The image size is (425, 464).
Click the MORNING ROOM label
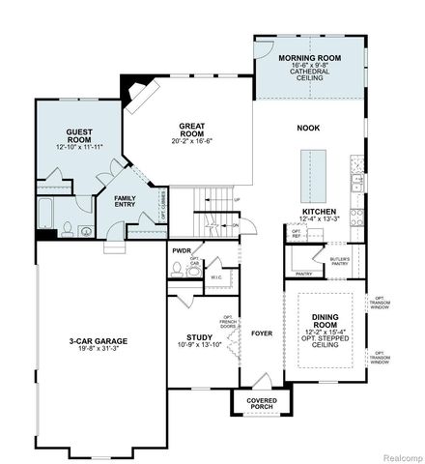click(305, 59)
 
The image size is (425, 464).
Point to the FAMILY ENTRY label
click(126, 201)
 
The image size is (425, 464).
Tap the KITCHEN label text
click(319, 211)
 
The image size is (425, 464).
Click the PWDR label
click(182, 251)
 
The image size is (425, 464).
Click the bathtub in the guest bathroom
click(46, 211)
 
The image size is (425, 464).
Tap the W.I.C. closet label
click(216, 277)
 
